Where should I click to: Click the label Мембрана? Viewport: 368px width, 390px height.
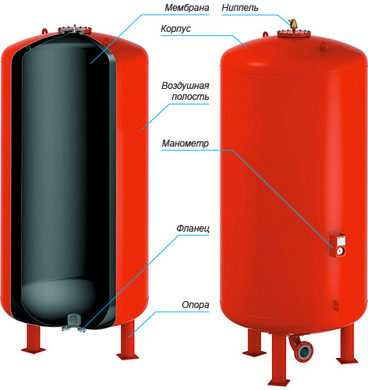tap(187, 8)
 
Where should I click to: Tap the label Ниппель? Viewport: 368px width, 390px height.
tap(240, 8)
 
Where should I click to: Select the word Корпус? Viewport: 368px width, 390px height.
tap(176, 29)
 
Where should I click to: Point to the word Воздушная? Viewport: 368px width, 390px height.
tap(186, 86)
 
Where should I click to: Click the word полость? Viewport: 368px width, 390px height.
tap(190, 97)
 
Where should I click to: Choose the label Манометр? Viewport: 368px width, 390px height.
tap(186, 144)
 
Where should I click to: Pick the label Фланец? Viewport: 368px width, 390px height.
tap(193, 229)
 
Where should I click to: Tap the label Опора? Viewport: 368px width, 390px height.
tap(196, 305)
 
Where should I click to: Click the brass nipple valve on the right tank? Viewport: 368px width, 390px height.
tap(293, 24)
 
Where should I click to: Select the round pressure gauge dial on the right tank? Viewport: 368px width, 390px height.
tap(340, 251)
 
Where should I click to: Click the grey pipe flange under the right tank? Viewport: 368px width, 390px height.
tap(305, 350)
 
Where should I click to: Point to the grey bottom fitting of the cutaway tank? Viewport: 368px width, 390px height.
tap(74, 323)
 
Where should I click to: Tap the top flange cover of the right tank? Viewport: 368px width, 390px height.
tap(294, 34)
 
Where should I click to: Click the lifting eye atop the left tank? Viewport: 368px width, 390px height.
tap(45, 30)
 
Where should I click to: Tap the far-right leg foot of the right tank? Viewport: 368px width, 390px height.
tap(348, 361)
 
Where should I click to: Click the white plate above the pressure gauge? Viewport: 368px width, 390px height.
tap(341, 241)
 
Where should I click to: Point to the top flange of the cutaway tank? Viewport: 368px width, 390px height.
tap(75, 30)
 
